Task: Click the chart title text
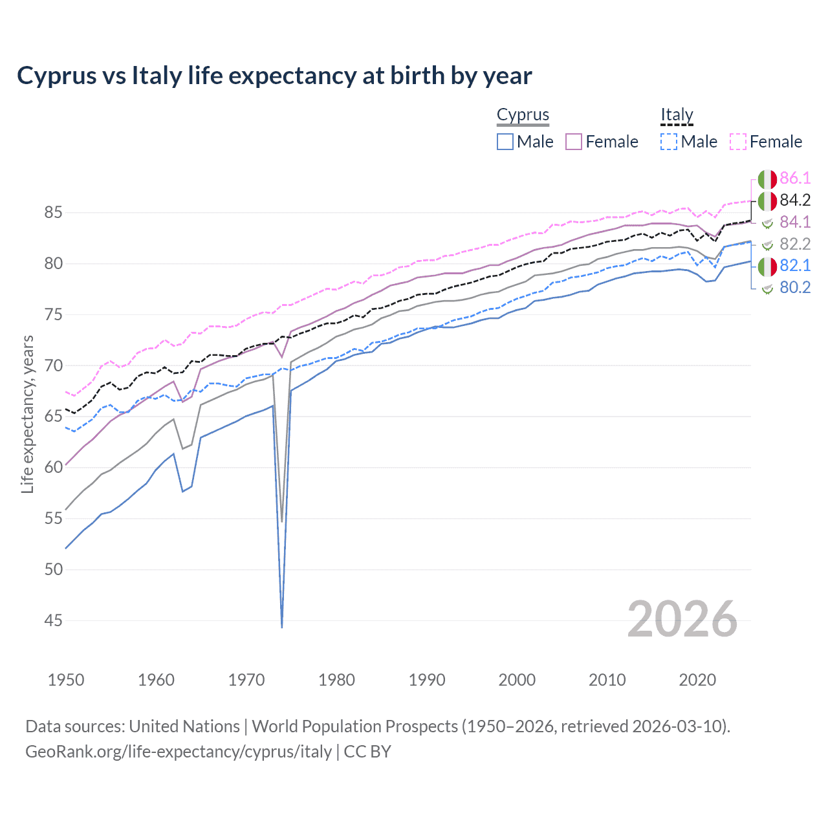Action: (274, 76)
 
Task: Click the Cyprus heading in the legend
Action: (523, 115)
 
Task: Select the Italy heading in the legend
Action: (677, 115)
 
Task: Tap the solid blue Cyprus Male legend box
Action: (505, 142)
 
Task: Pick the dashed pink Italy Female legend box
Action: (738, 142)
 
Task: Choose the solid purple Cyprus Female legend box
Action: (574, 142)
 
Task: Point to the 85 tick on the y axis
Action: (54, 212)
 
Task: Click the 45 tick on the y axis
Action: (54, 620)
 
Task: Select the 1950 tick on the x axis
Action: (66, 680)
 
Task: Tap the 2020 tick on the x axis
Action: (697, 680)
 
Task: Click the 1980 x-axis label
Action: (336, 680)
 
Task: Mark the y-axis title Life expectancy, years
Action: (27, 414)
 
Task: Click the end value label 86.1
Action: (795, 179)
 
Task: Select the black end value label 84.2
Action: (795, 201)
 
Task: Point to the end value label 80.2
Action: (795, 288)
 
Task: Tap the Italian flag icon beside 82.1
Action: (767, 266)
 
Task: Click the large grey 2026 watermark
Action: (682, 619)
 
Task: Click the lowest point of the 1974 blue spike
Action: (282, 627)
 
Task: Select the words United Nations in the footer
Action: (184, 726)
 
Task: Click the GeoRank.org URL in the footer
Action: (179, 752)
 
